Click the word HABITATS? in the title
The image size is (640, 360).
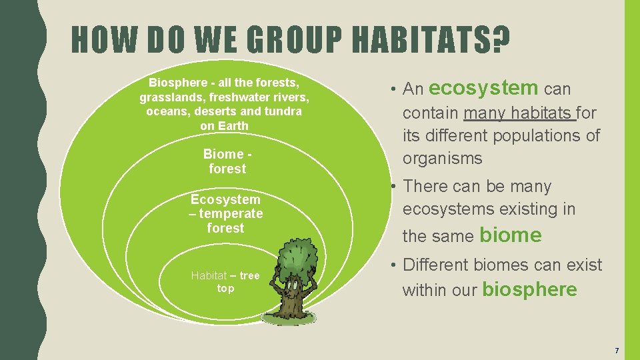tap(431, 41)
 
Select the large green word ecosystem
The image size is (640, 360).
tap(484, 87)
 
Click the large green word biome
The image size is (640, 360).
tap(511, 235)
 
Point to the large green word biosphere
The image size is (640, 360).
tap(529, 289)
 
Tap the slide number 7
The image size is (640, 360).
tap(617, 351)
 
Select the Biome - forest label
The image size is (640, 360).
tap(227, 161)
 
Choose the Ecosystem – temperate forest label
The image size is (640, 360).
tap(225, 213)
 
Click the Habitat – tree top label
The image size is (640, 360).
tap(225, 282)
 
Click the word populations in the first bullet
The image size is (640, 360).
tap(538, 135)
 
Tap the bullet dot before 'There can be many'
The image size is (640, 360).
tap(395, 187)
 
